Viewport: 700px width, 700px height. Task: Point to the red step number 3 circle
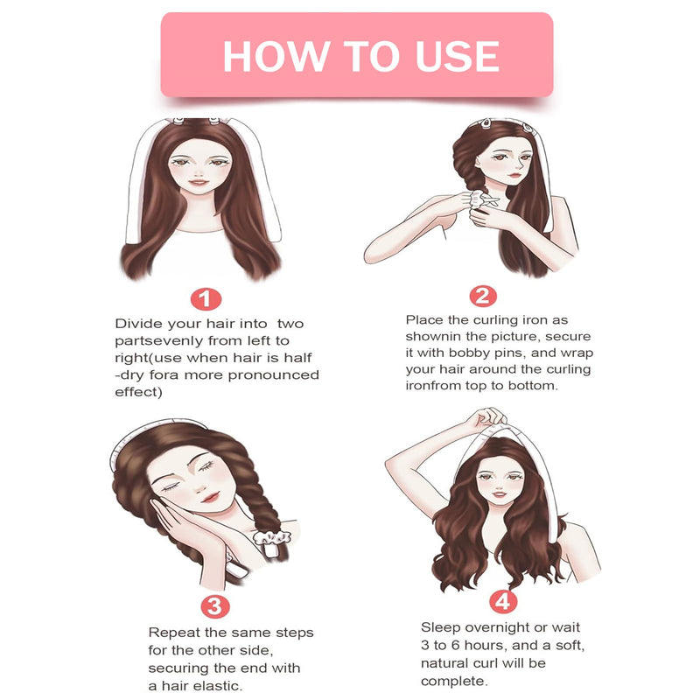coord(214,605)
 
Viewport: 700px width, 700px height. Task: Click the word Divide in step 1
coord(137,325)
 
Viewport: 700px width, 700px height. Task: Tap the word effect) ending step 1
coord(138,392)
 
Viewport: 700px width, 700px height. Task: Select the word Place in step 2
coord(425,320)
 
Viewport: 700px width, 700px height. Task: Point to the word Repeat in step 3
coord(172,632)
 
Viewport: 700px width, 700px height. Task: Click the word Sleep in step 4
coord(441,627)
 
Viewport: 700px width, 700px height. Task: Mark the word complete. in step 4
coord(452,680)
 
